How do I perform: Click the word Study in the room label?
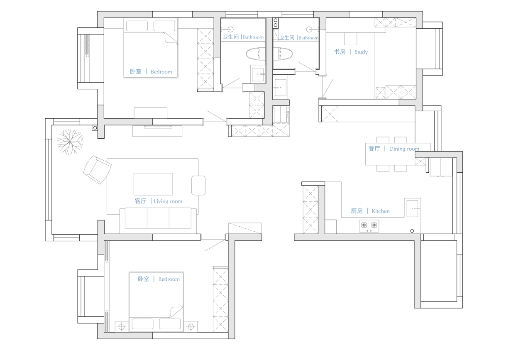(361, 52)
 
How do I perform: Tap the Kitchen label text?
(381, 211)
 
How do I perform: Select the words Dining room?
(404, 149)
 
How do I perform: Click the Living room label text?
(168, 201)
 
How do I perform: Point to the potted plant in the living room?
(70, 142)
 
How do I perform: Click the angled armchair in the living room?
(97, 169)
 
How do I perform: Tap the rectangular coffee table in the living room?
(153, 184)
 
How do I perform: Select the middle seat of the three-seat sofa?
(158, 218)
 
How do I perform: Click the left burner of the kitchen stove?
(364, 225)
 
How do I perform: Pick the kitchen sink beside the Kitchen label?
(412, 208)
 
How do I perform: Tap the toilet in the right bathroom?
(283, 54)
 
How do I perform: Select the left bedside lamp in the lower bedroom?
(122, 327)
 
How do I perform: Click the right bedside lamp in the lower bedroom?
(191, 327)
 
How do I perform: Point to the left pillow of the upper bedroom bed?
(137, 26)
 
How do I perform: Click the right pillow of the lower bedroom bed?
(170, 324)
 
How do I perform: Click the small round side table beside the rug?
(198, 185)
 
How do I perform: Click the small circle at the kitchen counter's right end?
(412, 231)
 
